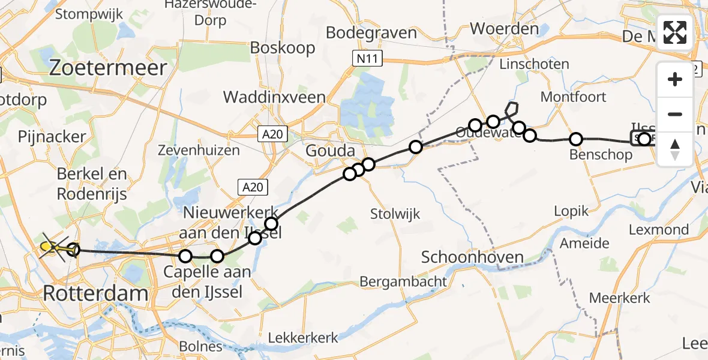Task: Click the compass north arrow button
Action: click(x=675, y=148)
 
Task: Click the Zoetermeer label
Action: click(x=107, y=68)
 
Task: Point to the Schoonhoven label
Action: click(x=472, y=257)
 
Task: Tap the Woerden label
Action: click(x=504, y=28)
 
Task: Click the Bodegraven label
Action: click(x=371, y=32)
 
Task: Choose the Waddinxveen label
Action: click(x=274, y=97)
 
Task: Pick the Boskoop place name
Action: click(x=283, y=47)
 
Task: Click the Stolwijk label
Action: click(x=395, y=214)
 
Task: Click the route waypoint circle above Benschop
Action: click(x=575, y=139)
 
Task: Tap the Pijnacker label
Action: click(x=52, y=137)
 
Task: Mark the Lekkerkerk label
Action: click(x=303, y=337)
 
